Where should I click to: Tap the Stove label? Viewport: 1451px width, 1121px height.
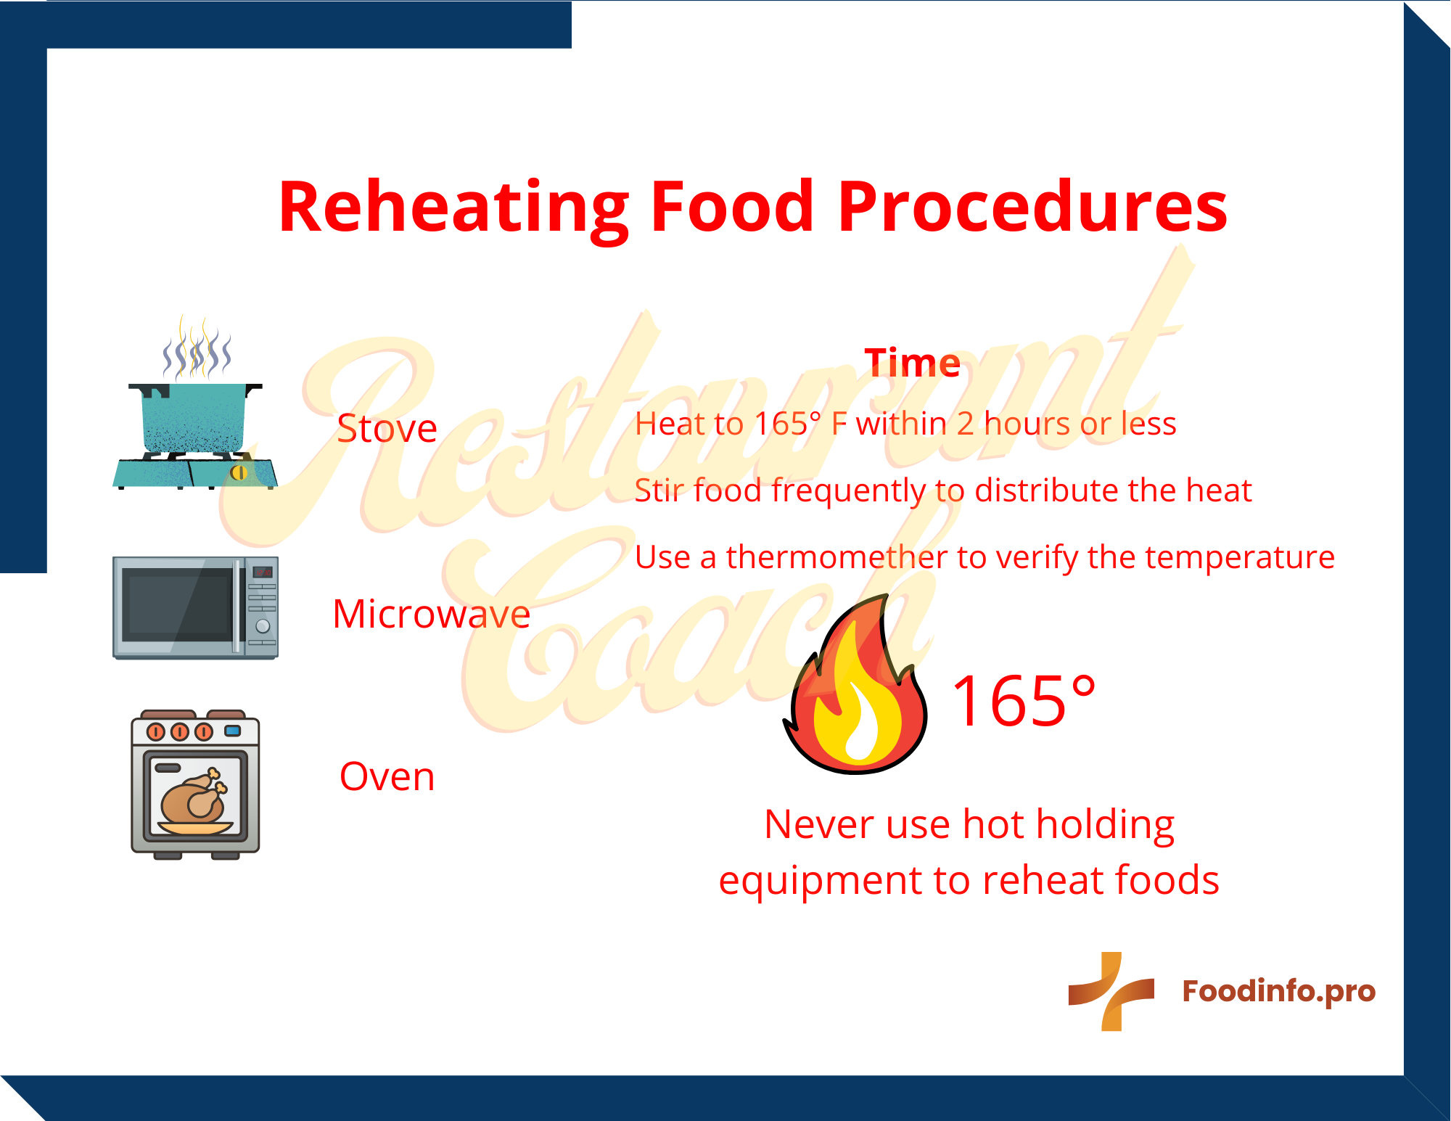[x=387, y=428]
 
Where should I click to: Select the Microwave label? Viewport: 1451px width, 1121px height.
[x=431, y=614]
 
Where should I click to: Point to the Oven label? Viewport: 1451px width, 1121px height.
[x=387, y=776]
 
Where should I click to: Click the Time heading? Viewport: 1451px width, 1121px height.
[x=912, y=362]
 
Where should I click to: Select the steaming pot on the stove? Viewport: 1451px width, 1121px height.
[x=194, y=417]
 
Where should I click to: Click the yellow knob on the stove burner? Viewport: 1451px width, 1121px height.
[x=239, y=473]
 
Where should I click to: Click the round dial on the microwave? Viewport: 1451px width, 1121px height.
[x=263, y=625]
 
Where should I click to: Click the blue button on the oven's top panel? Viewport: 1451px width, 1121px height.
[x=232, y=731]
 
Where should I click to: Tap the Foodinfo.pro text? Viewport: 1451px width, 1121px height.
[x=1278, y=991]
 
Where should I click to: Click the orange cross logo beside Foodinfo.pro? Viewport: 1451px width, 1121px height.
[x=1111, y=991]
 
